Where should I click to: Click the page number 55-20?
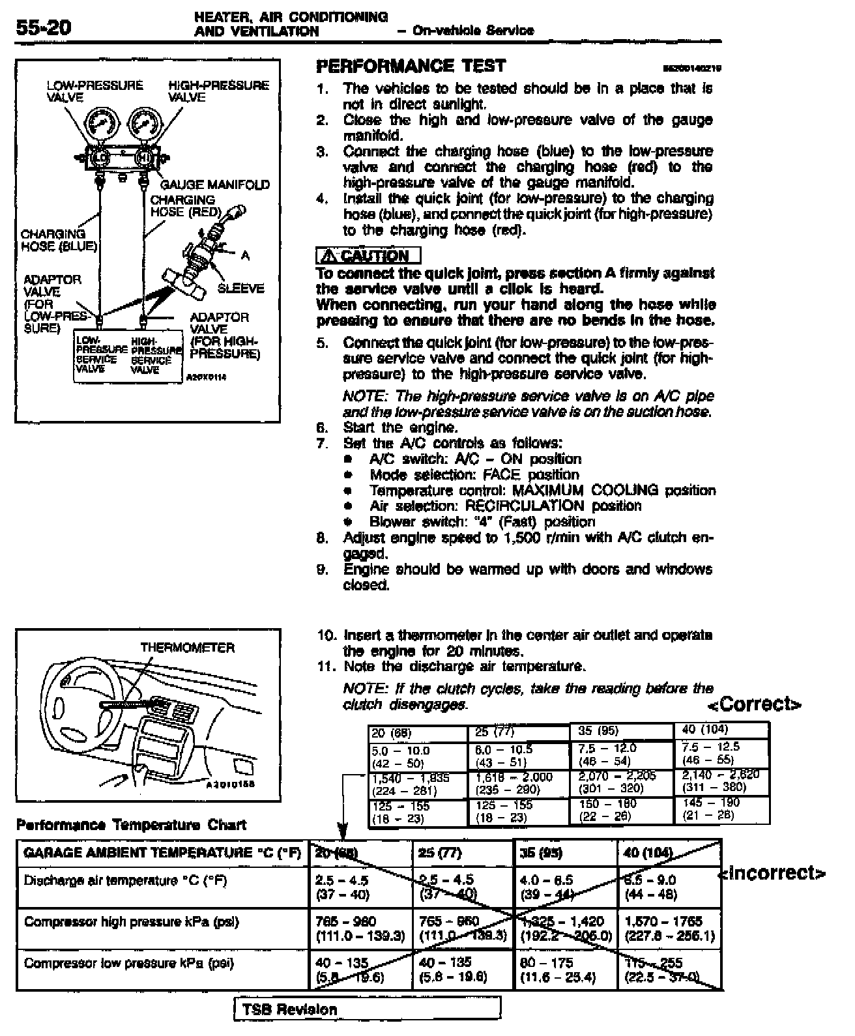click(x=43, y=28)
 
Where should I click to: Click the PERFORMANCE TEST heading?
click(x=411, y=66)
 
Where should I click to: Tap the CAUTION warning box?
click(x=368, y=255)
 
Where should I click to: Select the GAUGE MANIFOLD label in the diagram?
click(x=215, y=185)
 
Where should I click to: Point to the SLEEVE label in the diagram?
click(x=240, y=289)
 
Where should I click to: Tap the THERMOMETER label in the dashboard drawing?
click(x=187, y=648)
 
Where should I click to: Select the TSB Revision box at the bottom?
click(x=367, y=1009)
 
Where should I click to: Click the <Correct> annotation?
click(x=755, y=704)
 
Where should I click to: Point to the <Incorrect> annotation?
click(x=773, y=872)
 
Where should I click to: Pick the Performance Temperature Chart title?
click(x=131, y=825)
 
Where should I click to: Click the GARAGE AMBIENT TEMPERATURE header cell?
click(x=162, y=853)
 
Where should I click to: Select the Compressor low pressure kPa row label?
click(x=128, y=963)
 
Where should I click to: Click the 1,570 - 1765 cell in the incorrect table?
click(x=669, y=928)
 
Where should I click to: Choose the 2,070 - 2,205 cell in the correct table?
click(x=617, y=782)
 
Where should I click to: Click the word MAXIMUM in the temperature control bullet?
click(x=547, y=490)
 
